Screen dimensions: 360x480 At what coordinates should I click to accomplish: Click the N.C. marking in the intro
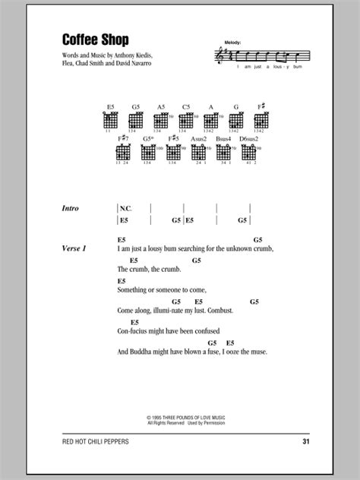(x=127, y=207)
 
